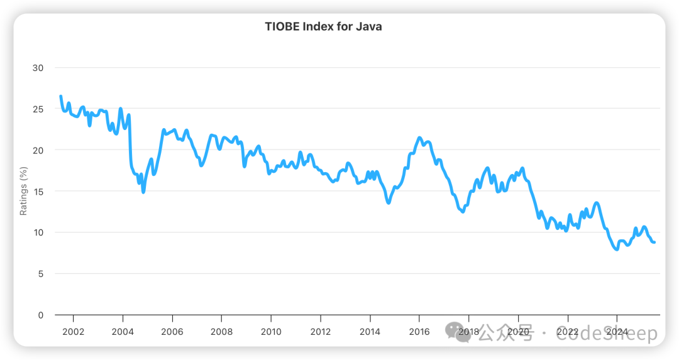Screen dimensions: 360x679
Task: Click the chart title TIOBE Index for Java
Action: point(323,26)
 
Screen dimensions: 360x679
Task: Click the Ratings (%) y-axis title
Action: point(23,191)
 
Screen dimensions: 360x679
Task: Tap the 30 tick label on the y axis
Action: point(38,68)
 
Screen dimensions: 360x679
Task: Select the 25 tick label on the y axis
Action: point(38,109)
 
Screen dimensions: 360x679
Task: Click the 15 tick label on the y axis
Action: point(38,191)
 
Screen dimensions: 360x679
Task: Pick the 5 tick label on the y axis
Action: point(40,274)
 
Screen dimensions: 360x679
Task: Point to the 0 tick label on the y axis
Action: point(40,315)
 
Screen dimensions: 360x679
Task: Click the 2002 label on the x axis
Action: point(73,332)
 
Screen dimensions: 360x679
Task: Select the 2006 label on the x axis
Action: point(172,332)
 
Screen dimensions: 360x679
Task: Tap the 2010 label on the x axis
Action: point(271,332)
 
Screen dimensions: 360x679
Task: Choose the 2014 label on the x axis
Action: point(370,332)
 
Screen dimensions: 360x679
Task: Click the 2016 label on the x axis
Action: point(419,332)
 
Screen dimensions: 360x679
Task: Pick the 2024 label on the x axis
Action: point(617,332)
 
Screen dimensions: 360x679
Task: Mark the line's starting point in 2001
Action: point(60,96)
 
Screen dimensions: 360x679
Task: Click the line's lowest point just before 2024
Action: point(617,249)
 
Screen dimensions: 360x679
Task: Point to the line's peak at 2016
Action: point(419,138)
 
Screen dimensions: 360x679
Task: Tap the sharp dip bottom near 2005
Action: point(143,192)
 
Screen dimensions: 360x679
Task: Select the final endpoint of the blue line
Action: point(655,243)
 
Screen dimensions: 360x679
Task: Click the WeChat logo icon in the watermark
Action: point(457,334)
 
